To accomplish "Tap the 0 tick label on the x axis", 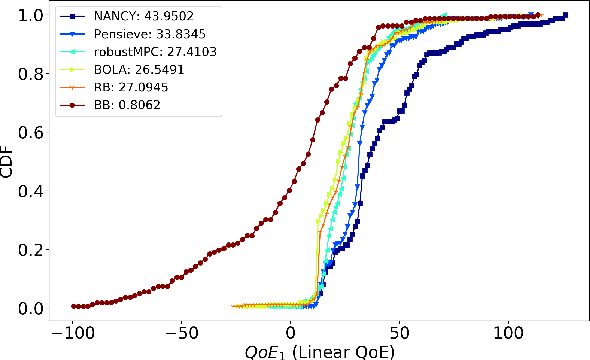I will [x=291, y=332].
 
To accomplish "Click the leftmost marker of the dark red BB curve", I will [x=74, y=306].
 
